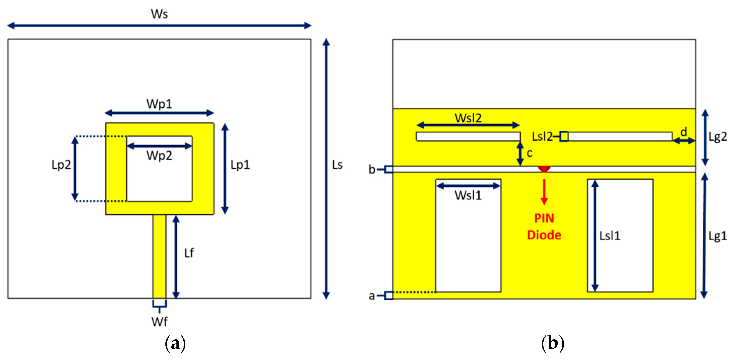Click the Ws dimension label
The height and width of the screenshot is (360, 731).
coord(159,14)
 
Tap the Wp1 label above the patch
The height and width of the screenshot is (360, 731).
coord(159,104)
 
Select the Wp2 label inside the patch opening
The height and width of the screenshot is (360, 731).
coord(159,156)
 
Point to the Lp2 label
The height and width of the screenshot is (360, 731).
coord(61,165)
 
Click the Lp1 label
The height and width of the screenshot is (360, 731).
coord(240,165)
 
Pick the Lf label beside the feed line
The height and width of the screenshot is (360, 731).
coord(189,253)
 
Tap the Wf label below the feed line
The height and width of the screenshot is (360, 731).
coord(159,322)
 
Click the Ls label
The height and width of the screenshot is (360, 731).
coord(337,165)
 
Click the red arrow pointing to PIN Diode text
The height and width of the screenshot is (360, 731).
coord(544,192)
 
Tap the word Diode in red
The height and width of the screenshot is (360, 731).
coord(544,235)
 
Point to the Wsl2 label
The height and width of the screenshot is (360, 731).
coord(468,118)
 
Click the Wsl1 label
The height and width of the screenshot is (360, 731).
coord(468,196)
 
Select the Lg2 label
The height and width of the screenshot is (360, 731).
coord(718,137)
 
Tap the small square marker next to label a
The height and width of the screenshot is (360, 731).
coord(389,295)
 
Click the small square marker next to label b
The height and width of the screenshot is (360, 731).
coord(389,169)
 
